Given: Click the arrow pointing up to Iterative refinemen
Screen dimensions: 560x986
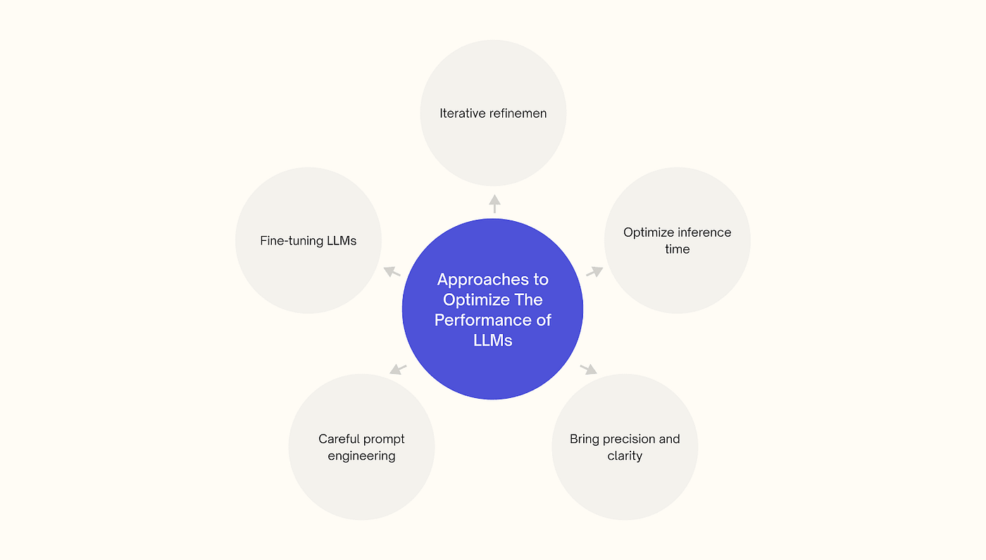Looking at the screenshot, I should click(494, 204).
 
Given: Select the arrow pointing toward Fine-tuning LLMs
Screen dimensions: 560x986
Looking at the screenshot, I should click(392, 271).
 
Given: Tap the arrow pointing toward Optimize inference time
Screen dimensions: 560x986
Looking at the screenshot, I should click(595, 271).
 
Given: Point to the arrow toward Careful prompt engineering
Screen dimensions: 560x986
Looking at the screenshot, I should click(398, 368).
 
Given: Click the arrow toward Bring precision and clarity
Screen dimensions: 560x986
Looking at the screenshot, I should click(588, 368).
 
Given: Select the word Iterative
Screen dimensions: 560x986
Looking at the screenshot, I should click(462, 113).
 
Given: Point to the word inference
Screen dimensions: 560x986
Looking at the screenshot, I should click(704, 232).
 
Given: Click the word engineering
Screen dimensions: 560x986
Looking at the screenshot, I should click(361, 456).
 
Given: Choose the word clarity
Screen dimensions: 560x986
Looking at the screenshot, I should click(625, 456).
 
